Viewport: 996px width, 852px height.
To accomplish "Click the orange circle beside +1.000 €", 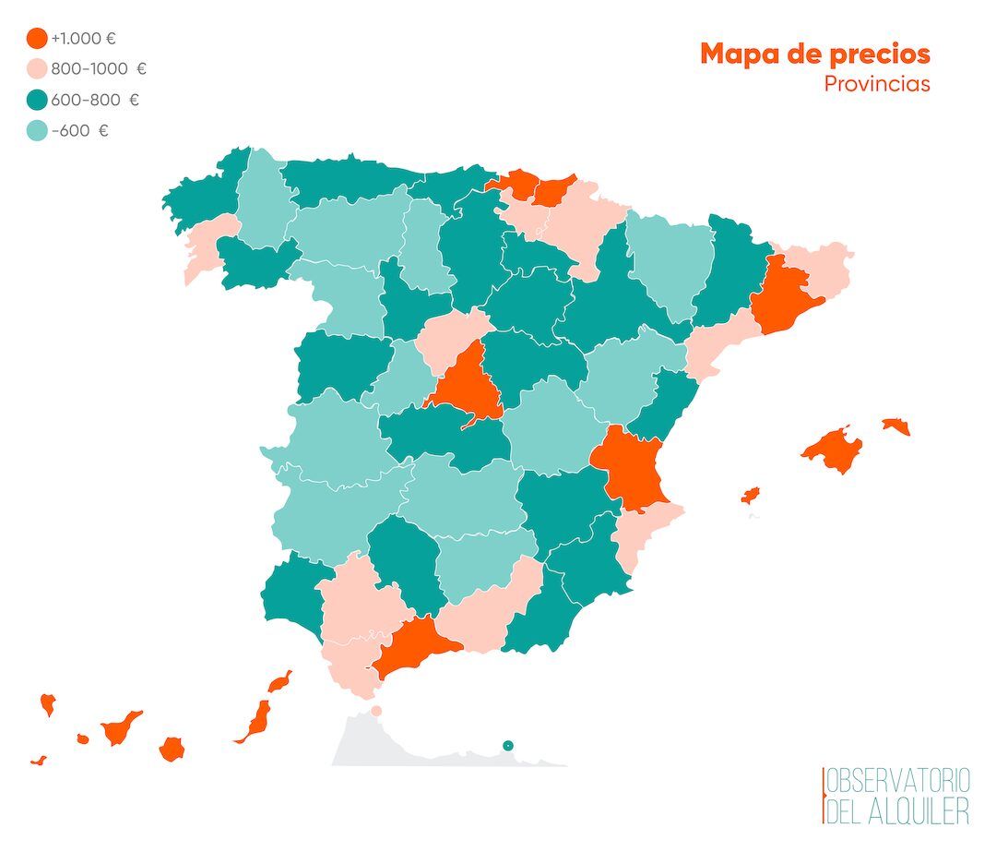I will coord(38,39).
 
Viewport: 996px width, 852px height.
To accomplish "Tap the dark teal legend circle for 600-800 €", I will coord(38,100).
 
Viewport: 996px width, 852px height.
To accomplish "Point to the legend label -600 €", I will coord(80,131).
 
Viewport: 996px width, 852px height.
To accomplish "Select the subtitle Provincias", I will coord(876,84).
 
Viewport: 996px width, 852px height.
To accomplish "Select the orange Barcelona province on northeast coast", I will coord(781,294).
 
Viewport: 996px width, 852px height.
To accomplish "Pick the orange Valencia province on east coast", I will coord(632,466).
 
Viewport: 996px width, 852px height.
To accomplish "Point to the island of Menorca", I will coord(895,426).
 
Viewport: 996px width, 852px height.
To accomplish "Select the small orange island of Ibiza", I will coord(751,496).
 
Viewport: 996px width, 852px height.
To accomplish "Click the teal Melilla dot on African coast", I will coord(507,746).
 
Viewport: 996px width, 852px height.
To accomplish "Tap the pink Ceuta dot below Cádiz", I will coord(376,711).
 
